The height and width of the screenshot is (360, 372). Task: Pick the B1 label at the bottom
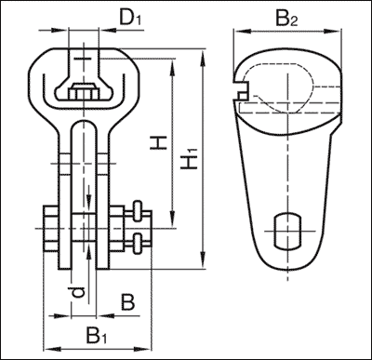92,333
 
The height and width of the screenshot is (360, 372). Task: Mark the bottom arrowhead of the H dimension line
173,223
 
